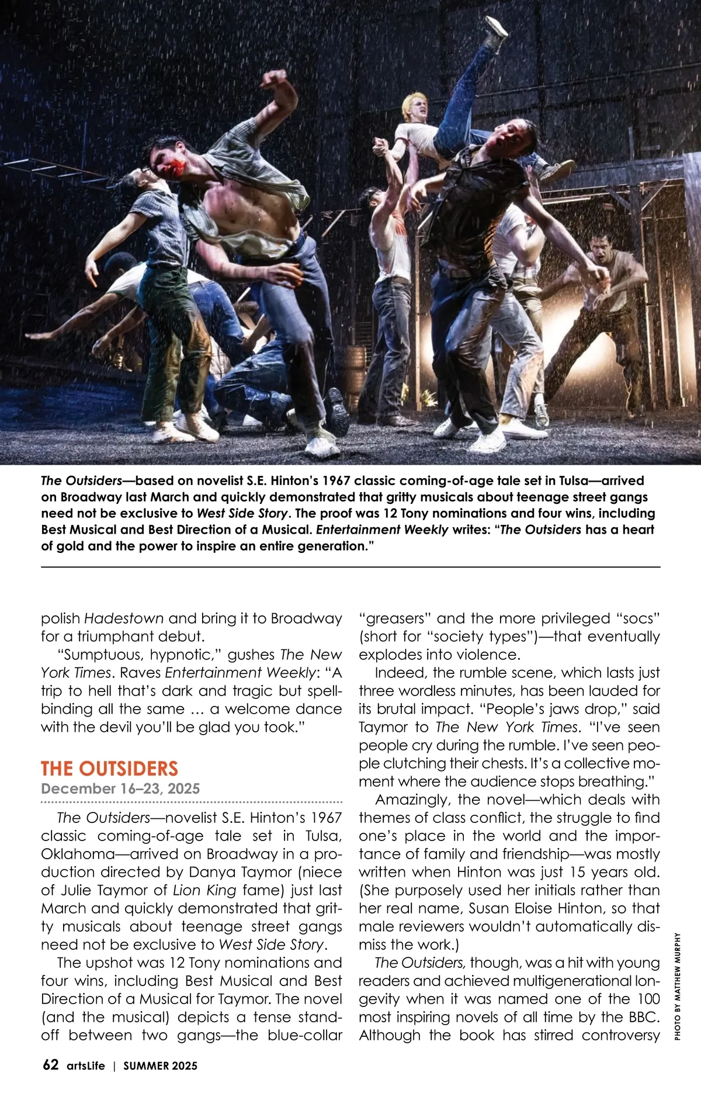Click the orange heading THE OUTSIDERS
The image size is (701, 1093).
pos(109,768)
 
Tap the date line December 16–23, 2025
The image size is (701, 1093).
pos(120,788)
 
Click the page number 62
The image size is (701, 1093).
pos(50,1064)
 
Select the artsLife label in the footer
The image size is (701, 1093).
pos(86,1066)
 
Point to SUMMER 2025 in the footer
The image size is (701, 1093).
pos(160,1066)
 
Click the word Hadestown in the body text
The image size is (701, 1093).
pos(124,618)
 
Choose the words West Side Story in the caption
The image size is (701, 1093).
pos(242,513)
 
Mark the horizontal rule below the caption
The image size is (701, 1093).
pos(350,567)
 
